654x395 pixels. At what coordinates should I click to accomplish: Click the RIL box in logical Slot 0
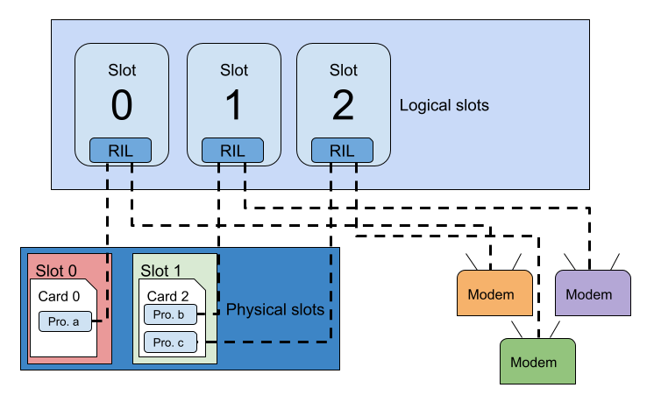click(x=120, y=151)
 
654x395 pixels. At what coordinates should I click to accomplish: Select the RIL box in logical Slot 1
click(x=232, y=151)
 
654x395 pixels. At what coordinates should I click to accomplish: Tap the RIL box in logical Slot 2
click(x=342, y=151)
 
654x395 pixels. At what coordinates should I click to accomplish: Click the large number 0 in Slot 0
click(x=122, y=106)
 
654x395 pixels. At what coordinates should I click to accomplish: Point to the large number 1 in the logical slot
click(x=233, y=106)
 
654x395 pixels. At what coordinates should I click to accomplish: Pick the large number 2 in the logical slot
click(x=343, y=106)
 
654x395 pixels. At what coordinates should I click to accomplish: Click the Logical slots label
click(x=444, y=105)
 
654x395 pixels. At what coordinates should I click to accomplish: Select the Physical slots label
click(x=275, y=310)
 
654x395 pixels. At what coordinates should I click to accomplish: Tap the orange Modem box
click(x=495, y=293)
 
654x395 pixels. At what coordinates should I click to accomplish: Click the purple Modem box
click(x=594, y=293)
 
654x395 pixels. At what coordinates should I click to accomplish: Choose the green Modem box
click(x=538, y=362)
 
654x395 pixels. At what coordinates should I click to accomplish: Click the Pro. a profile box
click(x=64, y=322)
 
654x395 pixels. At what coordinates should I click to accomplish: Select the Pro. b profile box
click(x=169, y=314)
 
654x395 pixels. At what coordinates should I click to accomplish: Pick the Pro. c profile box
click(x=169, y=342)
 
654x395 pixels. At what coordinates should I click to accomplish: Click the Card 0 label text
click(x=59, y=296)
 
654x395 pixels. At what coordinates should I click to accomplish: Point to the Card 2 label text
click(x=167, y=296)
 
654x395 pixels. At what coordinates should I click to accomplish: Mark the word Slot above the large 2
click(x=344, y=70)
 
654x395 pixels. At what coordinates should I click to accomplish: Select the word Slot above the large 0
click(x=122, y=70)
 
